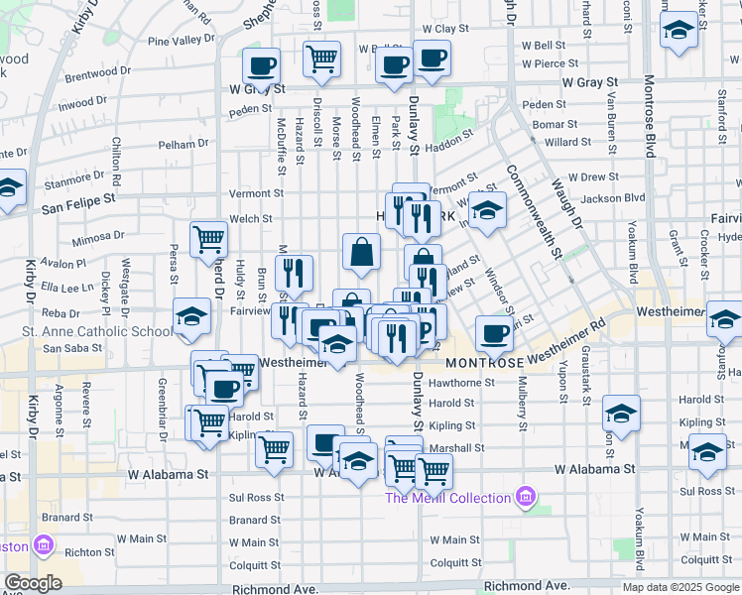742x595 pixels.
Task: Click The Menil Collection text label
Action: coord(448,498)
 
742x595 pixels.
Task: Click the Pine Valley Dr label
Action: coord(181,41)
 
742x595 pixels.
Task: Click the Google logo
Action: coord(33,583)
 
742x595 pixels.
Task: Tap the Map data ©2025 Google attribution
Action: coord(680,587)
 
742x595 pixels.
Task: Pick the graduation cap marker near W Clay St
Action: coord(680,30)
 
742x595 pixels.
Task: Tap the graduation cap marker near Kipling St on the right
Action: coord(621,413)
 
